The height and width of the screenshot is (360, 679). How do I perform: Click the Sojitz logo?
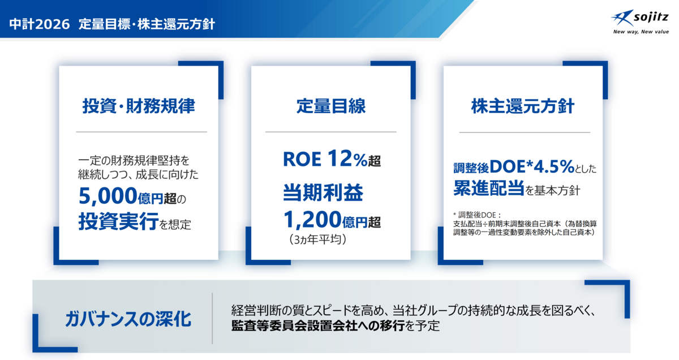pyautogui.click(x=640, y=19)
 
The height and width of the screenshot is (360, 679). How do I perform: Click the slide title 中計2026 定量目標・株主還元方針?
pyautogui.click(x=112, y=24)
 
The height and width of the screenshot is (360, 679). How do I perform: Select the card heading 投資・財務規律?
pyautogui.click(x=139, y=106)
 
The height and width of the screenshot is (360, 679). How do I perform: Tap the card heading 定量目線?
pyautogui.click(x=331, y=106)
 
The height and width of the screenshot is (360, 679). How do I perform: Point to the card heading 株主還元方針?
pyautogui.click(x=523, y=106)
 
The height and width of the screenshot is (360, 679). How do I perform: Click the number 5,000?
pyautogui.click(x=108, y=196)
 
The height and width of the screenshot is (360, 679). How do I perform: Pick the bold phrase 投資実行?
pyautogui.click(x=118, y=221)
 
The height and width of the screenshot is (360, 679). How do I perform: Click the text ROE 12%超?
pyautogui.click(x=332, y=158)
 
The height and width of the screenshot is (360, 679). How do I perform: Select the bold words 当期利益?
pyautogui.click(x=323, y=192)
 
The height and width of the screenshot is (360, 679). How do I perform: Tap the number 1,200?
pyautogui.click(x=312, y=219)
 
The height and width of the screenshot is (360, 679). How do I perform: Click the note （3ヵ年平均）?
pyautogui.click(x=317, y=239)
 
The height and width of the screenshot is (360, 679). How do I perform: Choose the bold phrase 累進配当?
pyautogui.click(x=489, y=188)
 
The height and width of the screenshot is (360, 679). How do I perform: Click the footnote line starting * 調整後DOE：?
pyautogui.click(x=478, y=215)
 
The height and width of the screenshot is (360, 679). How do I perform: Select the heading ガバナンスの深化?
pyautogui.click(x=128, y=319)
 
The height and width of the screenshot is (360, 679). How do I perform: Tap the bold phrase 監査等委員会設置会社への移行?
pyautogui.click(x=318, y=325)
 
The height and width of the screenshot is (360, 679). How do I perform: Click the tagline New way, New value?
pyautogui.click(x=641, y=32)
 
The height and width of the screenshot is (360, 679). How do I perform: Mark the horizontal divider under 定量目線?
pyautogui.click(x=330, y=132)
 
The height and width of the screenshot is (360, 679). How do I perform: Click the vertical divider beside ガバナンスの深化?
pyautogui.click(x=212, y=319)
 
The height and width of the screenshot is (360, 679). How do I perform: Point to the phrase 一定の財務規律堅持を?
pyautogui.click(x=134, y=160)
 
